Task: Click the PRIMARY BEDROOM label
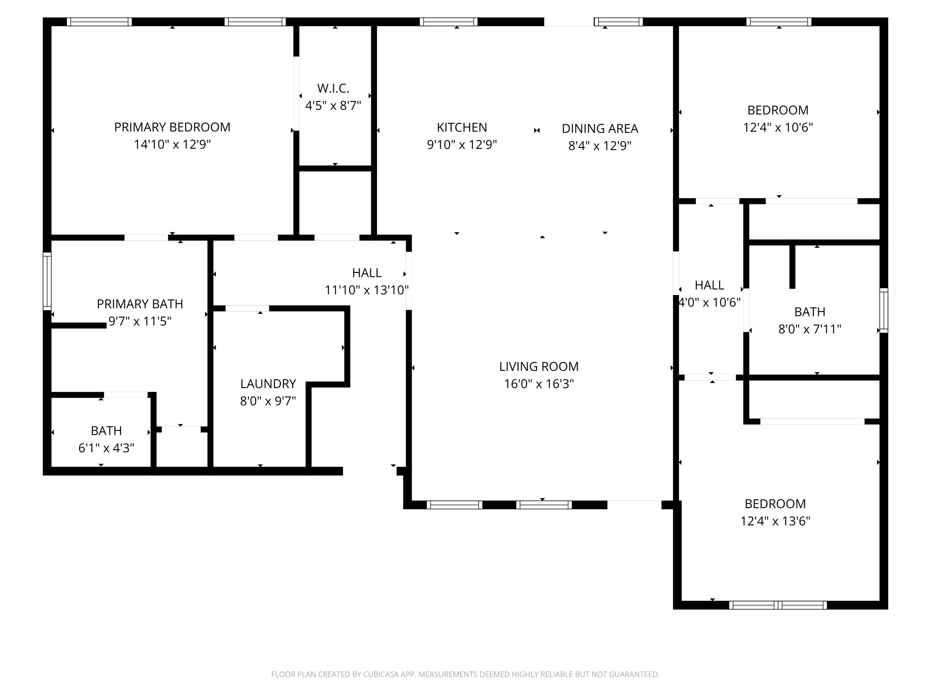(x=172, y=127)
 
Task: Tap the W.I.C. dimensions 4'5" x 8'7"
(x=333, y=105)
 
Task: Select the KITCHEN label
(x=462, y=128)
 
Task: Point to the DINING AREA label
(x=600, y=129)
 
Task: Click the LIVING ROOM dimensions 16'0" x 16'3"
(x=539, y=384)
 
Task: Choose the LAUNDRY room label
(x=268, y=384)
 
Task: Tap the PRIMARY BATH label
(x=140, y=304)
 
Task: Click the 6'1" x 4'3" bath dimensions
(x=106, y=448)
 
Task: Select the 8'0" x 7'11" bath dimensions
(x=809, y=329)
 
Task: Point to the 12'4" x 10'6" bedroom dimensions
(x=778, y=128)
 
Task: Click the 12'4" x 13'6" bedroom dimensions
(x=775, y=521)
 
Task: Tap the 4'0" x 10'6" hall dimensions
(x=710, y=302)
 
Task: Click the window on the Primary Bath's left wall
(x=47, y=281)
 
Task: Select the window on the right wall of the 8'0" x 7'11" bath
(x=884, y=310)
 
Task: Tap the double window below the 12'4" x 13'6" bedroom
(x=778, y=605)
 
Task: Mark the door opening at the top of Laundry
(x=247, y=308)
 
